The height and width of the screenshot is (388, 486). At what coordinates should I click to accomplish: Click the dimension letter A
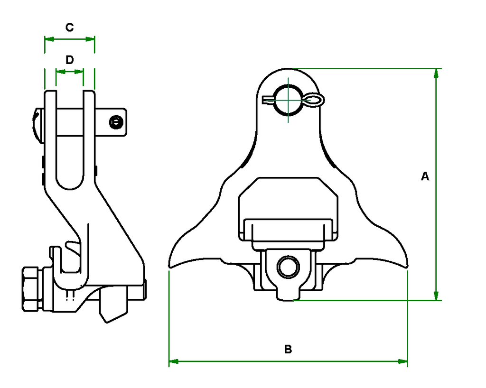tap(425, 176)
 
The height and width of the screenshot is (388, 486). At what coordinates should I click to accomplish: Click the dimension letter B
tap(288, 350)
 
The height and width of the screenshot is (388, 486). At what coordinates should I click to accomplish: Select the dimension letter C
tap(69, 28)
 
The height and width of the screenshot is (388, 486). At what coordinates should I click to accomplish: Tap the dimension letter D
tap(69, 60)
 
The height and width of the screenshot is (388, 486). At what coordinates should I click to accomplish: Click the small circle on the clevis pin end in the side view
tap(115, 122)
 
